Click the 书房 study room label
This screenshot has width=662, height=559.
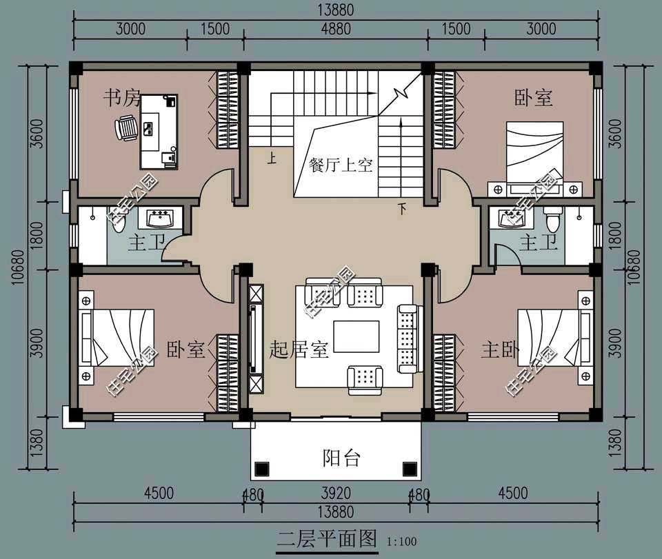tap(121, 99)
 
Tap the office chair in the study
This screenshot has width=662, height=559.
tap(126, 128)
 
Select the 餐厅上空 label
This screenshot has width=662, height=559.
tap(340, 165)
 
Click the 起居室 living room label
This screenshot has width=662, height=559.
tap(299, 349)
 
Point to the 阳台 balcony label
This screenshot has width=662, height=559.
tap(341, 458)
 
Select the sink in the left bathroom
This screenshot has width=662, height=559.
tap(159, 218)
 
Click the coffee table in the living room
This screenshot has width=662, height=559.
tap(357, 336)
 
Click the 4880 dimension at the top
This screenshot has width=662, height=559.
tap(336, 29)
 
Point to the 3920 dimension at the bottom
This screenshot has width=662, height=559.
tap(336, 493)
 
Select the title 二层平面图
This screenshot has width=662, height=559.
tap(327, 539)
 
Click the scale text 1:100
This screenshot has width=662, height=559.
tap(401, 541)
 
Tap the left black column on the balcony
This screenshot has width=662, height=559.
tap(262, 468)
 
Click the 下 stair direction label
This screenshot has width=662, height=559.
tap(402, 208)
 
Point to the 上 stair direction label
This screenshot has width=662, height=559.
tap(272, 159)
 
